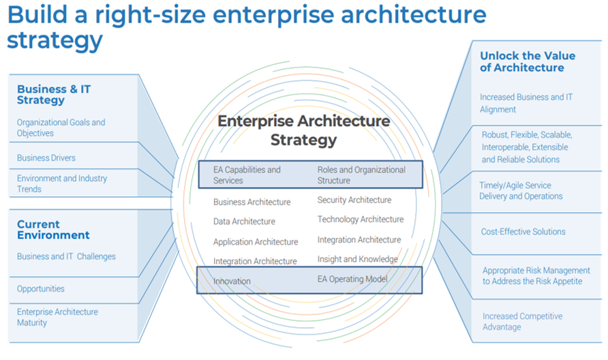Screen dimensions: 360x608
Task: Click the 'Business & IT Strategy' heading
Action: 54,95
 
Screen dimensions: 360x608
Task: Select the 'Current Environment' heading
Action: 53,230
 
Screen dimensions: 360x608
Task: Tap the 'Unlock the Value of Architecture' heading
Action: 527,62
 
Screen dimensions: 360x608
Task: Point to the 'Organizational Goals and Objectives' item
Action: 61,128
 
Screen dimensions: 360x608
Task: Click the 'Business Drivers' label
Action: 46,158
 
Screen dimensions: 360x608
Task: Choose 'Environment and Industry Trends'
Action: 62,184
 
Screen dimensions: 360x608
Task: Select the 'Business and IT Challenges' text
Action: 66,257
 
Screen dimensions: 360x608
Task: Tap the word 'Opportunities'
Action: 41,289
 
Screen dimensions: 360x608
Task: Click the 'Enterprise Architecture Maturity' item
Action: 57,317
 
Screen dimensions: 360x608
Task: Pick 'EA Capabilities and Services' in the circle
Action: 247,175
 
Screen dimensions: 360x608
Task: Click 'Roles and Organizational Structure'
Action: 361,175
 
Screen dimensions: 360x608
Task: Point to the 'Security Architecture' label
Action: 354,200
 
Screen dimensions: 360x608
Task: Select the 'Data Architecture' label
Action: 244,222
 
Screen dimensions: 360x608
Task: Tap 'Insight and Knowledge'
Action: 357,260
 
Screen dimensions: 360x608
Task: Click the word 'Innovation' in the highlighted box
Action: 232,281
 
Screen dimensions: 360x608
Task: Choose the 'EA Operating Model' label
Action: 352,279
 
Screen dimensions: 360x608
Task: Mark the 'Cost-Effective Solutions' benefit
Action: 523,232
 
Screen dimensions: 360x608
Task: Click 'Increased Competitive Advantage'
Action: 522,322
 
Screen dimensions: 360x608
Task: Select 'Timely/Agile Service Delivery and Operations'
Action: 521,191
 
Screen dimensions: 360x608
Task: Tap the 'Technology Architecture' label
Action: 360,220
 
